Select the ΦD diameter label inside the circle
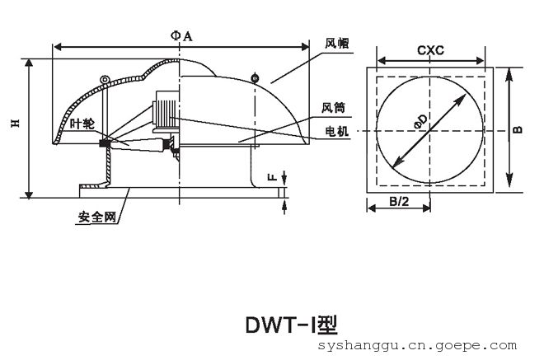click(420, 122)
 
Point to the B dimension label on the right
click(518, 129)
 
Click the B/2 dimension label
click(401, 201)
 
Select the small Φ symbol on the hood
click(255, 77)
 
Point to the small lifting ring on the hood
click(104, 79)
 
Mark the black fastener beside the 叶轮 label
click(106, 144)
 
